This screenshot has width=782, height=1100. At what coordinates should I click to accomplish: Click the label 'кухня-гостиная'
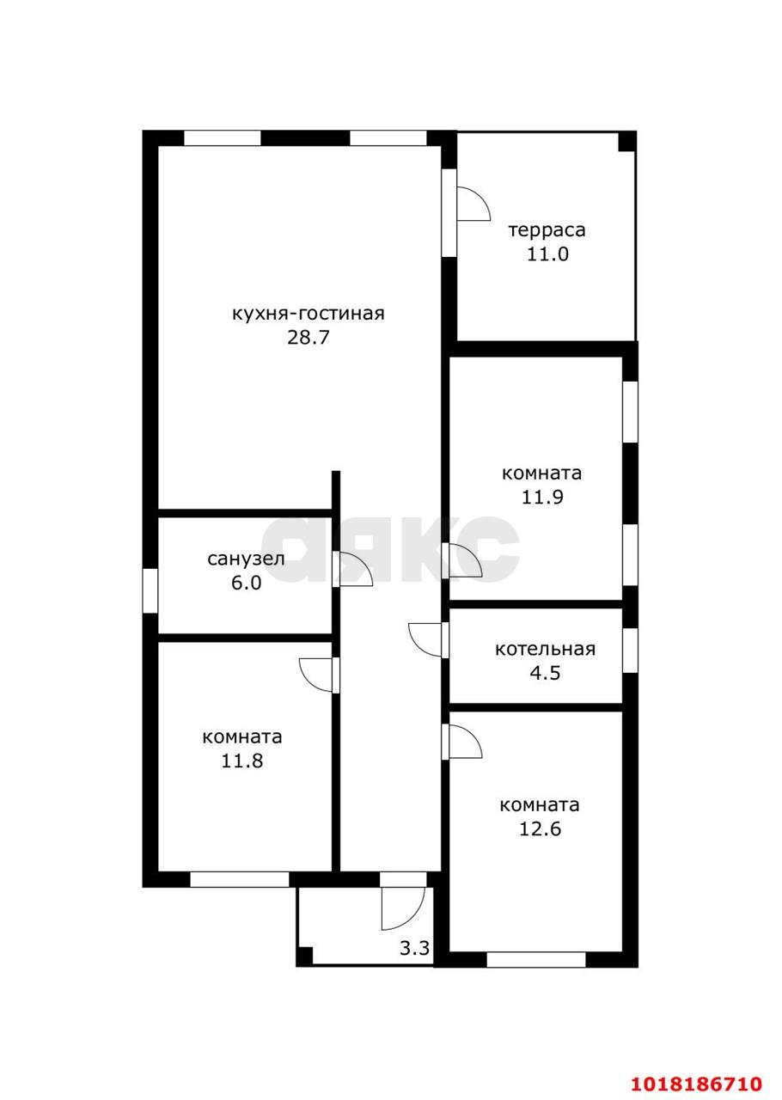coord(308,315)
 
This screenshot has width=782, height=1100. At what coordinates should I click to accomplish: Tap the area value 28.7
coord(308,338)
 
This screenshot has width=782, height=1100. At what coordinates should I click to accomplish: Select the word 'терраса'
coord(547,230)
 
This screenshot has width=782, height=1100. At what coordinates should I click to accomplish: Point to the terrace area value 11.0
coord(547,254)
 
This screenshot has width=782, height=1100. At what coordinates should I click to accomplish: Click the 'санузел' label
coord(246,559)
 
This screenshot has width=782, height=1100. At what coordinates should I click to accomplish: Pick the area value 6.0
coord(246,583)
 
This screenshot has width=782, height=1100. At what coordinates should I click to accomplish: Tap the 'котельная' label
coord(545,649)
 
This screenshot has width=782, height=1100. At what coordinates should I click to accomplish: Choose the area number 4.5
coord(545,673)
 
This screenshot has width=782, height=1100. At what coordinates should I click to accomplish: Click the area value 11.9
coord(542,497)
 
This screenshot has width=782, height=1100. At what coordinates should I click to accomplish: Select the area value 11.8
coord(242,761)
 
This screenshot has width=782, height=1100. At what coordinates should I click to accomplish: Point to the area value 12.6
coord(541,829)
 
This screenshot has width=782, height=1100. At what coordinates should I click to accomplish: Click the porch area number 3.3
coord(414,948)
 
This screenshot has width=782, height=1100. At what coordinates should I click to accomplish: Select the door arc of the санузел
coord(364,563)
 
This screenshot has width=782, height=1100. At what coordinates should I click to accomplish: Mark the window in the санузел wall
coord(150,590)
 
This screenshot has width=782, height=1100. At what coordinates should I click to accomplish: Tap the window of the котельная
coord(630,651)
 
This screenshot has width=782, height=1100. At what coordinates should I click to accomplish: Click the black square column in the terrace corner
coord(626,142)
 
